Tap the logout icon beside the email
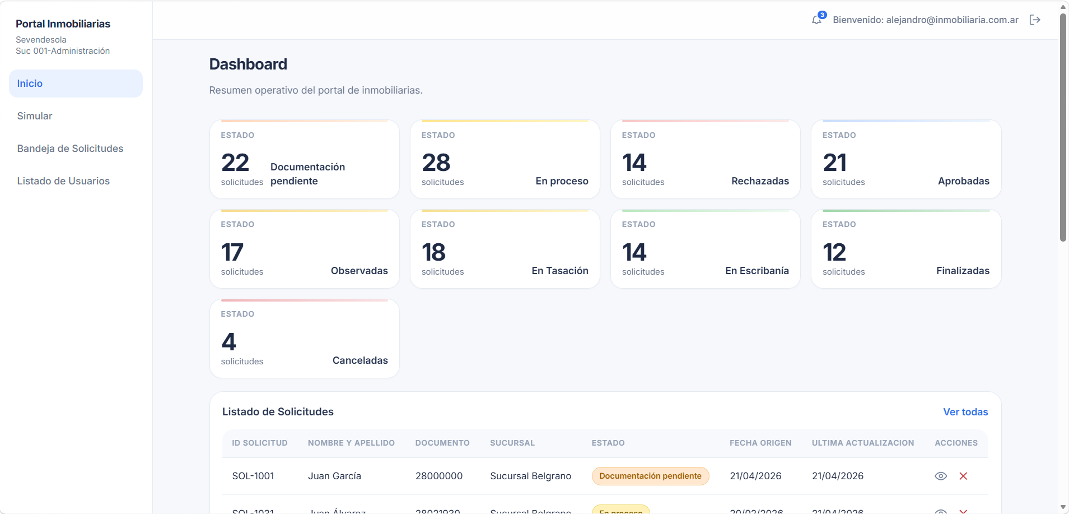point(1035,20)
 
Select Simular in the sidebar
point(35,116)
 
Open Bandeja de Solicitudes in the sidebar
point(70,149)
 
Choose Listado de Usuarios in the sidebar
point(63,181)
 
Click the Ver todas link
point(965,412)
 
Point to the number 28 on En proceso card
point(436,163)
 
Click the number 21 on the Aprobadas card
point(834,163)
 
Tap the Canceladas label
point(360,360)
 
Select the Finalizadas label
point(963,271)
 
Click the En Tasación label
point(560,271)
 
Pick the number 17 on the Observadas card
point(232,253)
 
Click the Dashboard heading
point(248,64)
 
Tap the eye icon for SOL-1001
point(941,476)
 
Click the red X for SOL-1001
point(963,476)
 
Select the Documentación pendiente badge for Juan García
point(650,476)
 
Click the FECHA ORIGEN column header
point(760,443)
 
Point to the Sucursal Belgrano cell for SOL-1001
point(530,476)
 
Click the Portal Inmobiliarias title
point(63,24)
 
